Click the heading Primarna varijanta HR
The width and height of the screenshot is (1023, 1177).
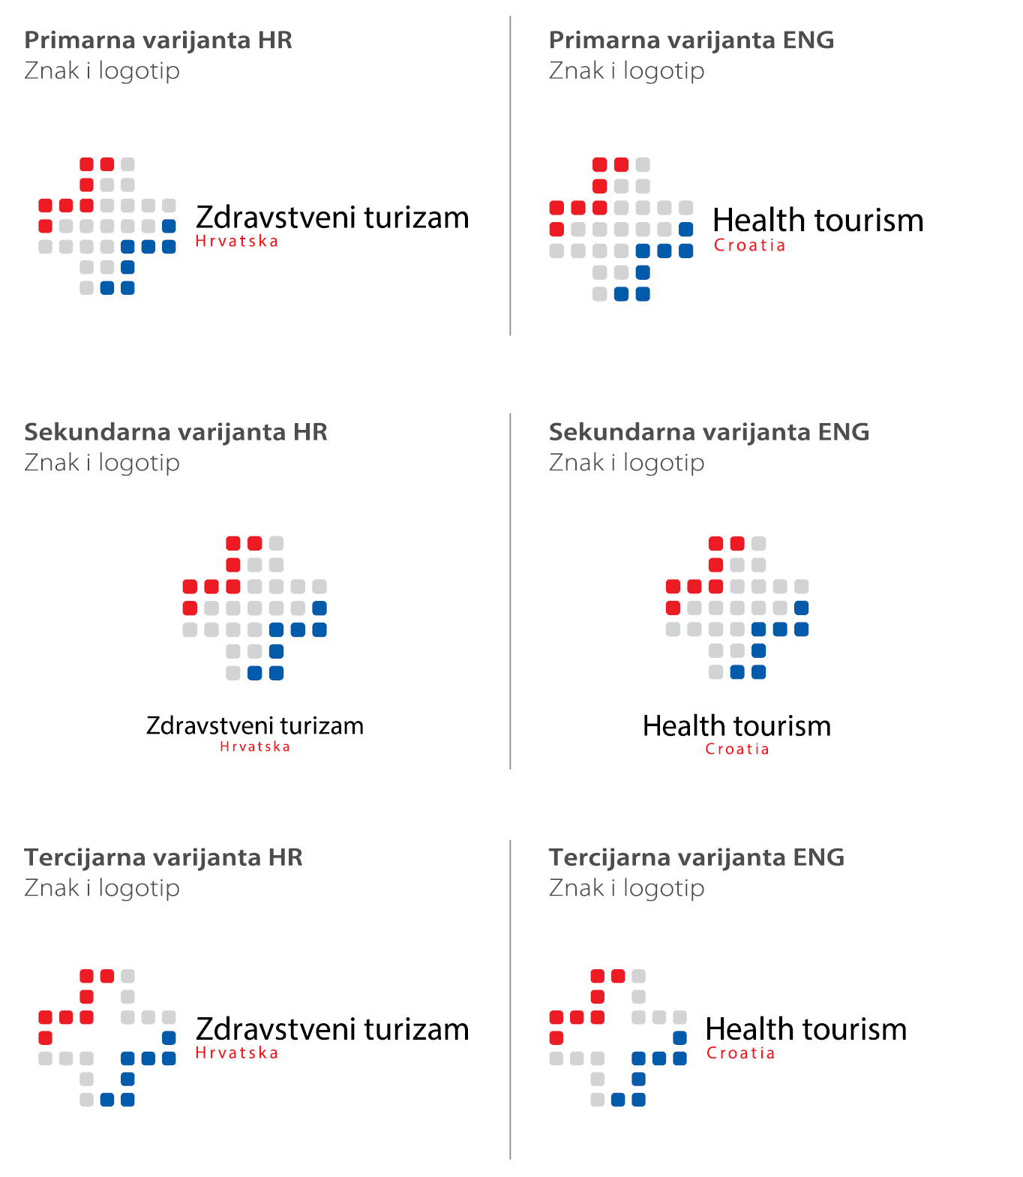click(157, 40)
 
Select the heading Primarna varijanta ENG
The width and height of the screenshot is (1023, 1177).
click(691, 40)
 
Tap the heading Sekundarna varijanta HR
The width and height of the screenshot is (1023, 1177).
click(175, 432)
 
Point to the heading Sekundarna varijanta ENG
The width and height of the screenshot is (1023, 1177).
click(709, 432)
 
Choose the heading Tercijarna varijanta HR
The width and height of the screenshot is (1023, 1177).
click(163, 857)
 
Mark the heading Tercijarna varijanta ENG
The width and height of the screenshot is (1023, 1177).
click(696, 857)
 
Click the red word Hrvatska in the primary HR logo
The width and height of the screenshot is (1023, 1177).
click(236, 242)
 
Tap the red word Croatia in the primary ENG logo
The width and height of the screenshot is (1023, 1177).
click(749, 245)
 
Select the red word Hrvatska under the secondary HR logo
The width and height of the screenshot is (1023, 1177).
click(255, 746)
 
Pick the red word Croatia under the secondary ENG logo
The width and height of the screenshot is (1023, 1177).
click(737, 749)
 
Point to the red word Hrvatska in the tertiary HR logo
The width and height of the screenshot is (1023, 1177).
click(236, 1053)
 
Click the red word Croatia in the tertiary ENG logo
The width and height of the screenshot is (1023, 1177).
click(740, 1053)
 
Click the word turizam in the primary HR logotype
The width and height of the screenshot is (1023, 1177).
click(416, 218)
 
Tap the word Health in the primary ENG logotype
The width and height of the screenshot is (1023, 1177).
click(758, 221)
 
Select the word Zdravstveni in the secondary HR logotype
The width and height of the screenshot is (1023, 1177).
click(209, 725)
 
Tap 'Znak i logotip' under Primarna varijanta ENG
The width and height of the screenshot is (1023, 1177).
click(626, 71)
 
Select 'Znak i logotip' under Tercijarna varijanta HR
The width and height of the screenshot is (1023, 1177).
click(102, 888)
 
